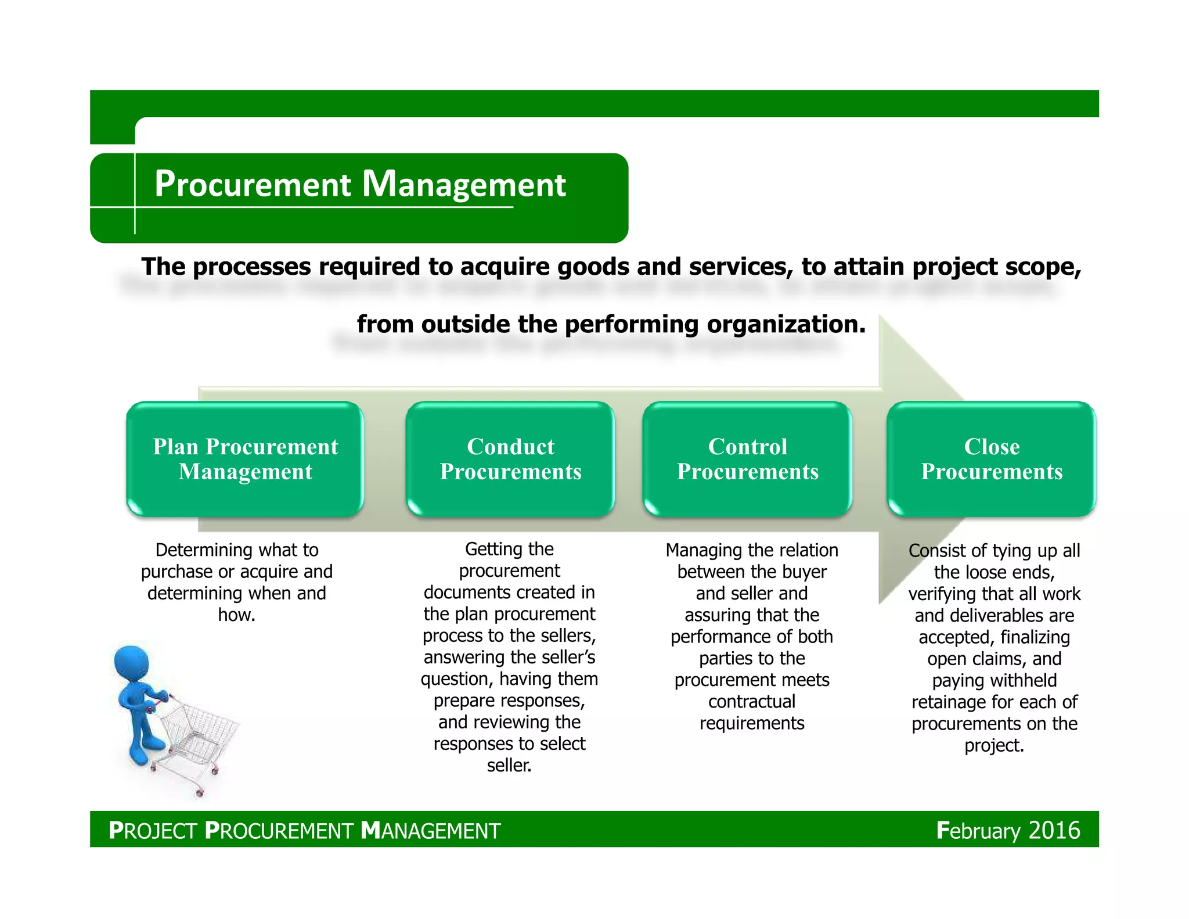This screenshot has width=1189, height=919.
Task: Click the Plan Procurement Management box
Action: [245, 459]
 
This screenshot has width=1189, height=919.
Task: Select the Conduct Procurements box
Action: [510, 459]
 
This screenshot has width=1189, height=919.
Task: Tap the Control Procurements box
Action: [747, 459]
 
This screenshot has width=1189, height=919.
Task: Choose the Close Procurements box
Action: [992, 459]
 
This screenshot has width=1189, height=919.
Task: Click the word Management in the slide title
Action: [464, 185]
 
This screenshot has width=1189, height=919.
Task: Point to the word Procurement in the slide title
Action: [253, 185]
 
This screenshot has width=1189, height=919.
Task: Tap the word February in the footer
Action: [978, 831]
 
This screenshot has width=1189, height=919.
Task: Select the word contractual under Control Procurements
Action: [752, 702]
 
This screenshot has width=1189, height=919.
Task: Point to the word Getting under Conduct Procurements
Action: [493, 549]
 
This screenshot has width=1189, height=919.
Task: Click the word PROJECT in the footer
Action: [153, 831]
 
